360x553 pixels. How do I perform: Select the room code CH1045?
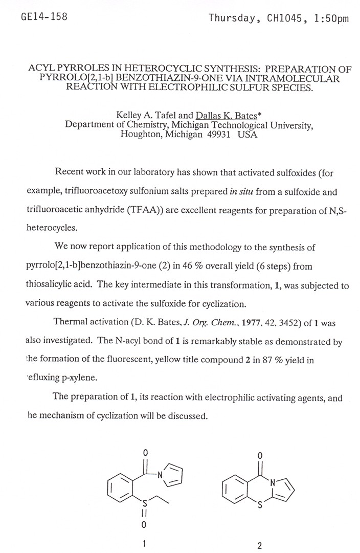click(286, 19)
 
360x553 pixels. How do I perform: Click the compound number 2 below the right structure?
click(259, 545)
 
